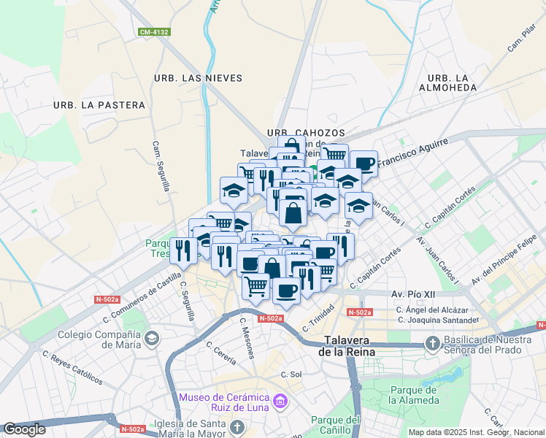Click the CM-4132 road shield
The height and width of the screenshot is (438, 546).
[x=154, y=32]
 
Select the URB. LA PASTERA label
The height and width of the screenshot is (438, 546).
[x=99, y=105]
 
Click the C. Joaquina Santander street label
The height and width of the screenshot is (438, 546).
[x=437, y=320]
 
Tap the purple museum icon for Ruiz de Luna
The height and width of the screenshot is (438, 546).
[x=279, y=401]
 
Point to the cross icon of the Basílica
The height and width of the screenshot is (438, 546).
[x=432, y=343]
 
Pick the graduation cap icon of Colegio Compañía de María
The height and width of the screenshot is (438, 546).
[x=152, y=338]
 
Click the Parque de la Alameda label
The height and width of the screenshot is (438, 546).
[x=413, y=394]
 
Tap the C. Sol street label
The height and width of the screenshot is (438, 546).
[x=291, y=374]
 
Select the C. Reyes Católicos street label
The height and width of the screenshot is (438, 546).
[x=72, y=368]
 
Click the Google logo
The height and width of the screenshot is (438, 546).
[x=24, y=429]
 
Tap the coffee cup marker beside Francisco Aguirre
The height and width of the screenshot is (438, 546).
[x=363, y=164]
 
